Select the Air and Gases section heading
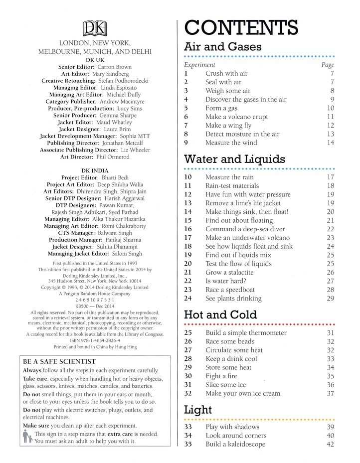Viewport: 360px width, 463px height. point(223,48)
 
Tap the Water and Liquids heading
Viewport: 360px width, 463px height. point(234,159)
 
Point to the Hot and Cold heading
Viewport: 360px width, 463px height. point(220,315)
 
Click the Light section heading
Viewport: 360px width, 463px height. point(198,410)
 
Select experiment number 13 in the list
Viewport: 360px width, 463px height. point(188,203)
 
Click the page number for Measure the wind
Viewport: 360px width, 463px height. point(330,143)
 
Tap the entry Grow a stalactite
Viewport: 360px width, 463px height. point(229,273)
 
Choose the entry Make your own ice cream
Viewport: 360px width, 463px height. point(243,393)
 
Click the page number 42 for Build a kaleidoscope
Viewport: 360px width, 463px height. point(330,445)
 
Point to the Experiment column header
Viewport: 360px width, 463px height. point(199,65)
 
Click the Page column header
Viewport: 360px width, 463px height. point(328,65)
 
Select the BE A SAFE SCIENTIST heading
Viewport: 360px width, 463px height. point(59,361)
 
